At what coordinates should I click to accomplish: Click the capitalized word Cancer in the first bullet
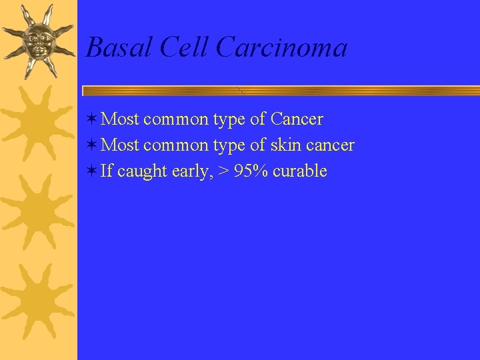297,119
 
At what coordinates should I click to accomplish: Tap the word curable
300,171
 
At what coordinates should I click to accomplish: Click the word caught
142,171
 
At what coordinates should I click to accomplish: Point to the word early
191,171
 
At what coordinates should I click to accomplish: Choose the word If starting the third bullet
107,171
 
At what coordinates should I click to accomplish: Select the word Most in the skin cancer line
120,145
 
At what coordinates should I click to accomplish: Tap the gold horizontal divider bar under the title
280,90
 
